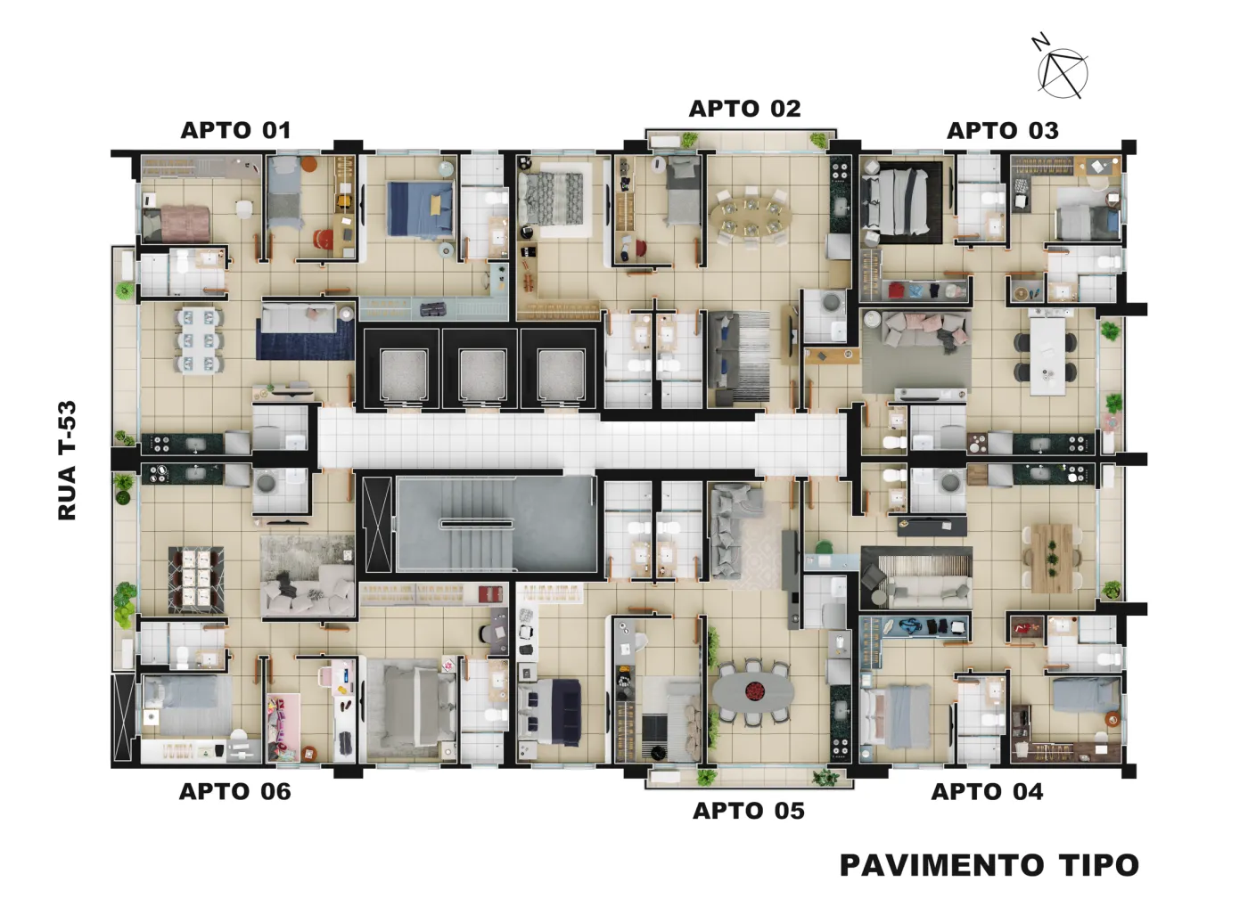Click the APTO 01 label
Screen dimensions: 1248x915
(x=235, y=131)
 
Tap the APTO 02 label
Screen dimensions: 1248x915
(x=745, y=109)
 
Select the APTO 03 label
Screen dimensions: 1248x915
(x=1002, y=131)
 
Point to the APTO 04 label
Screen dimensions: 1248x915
(x=987, y=792)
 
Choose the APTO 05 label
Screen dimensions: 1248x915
(x=748, y=811)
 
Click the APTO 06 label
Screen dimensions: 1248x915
(x=235, y=792)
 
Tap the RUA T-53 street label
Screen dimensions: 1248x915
(x=67, y=461)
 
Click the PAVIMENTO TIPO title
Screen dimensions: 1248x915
(x=989, y=865)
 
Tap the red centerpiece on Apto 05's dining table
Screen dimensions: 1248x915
(x=755, y=691)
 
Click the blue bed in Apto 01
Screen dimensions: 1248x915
(x=420, y=208)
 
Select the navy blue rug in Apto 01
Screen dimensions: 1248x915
(x=305, y=339)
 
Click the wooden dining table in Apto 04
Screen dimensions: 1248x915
(x=1052, y=559)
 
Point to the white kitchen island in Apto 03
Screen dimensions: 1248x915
(x=1047, y=355)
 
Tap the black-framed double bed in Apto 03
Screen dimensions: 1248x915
(x=901, y=202)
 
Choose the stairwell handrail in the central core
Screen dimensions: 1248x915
(x=476, y=524)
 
